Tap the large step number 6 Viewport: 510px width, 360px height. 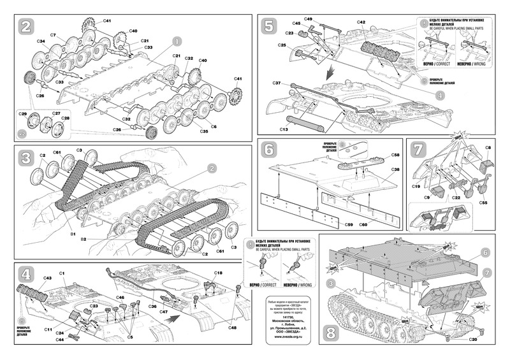pos(270,150)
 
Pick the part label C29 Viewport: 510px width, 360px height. pos(24,113)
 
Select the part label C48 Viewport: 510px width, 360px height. pos(231,328)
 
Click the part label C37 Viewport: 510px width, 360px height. pos(277,83)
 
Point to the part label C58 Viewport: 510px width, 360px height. pos(396,155)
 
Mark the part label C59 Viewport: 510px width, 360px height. pos(349,224)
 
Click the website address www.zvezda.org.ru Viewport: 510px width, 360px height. pos(282,337)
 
